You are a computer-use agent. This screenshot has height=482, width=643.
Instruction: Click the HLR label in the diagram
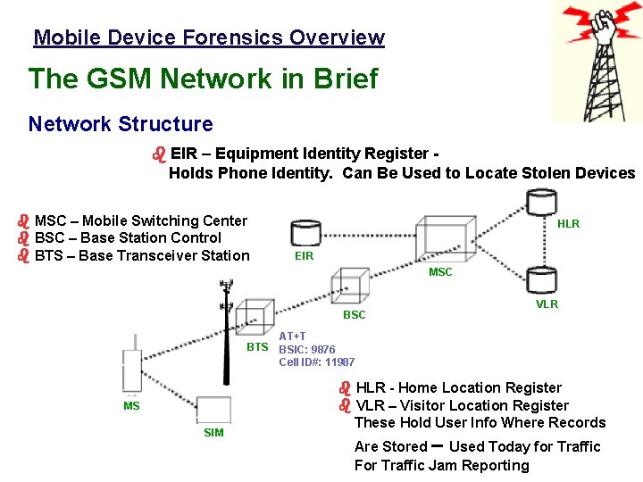568,224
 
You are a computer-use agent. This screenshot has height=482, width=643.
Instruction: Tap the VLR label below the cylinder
547,304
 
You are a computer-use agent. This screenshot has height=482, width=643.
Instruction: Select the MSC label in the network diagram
440,272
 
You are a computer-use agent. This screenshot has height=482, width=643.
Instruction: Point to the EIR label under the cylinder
304,256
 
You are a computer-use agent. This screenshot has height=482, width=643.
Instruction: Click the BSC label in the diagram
355,315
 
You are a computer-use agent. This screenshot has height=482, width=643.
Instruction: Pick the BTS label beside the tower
257,346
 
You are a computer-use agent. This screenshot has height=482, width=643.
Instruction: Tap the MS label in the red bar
131,406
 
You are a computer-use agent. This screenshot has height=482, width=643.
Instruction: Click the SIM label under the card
213,433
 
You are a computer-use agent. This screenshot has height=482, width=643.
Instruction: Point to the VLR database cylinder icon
541,280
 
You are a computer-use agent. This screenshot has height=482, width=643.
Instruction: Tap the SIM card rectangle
213,411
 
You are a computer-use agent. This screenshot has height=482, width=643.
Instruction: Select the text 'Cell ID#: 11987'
317,361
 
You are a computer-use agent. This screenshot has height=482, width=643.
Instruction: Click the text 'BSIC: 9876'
307,350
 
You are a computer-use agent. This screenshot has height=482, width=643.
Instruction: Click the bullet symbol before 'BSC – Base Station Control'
24,238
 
